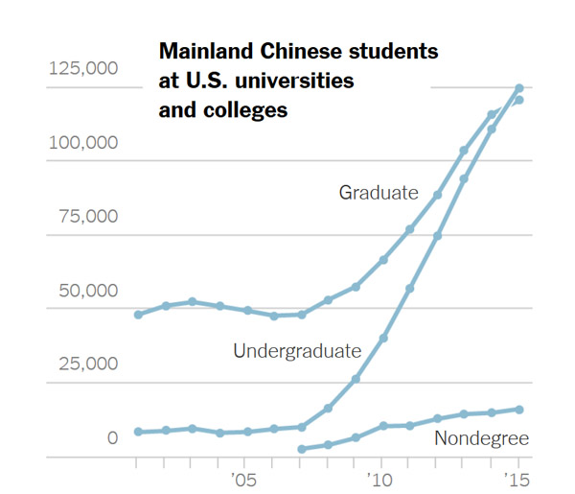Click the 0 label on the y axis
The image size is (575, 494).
(111, 438)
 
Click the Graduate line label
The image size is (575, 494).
(379, 193)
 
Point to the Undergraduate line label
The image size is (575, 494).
(297, 351)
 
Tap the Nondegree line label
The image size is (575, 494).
(481, 439)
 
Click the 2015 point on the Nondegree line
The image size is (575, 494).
(519, 410)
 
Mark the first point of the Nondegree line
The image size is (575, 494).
(301, 449)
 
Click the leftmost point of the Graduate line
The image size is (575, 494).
(138, 315)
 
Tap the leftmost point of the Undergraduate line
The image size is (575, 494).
(138, 432)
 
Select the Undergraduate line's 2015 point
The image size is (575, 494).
(519, 88)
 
